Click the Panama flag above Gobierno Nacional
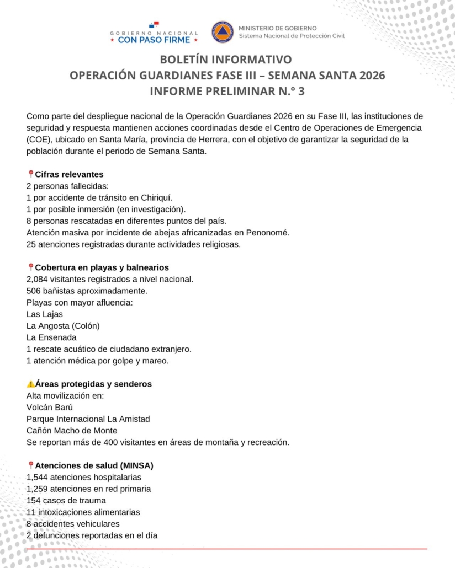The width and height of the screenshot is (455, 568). pos(154,25)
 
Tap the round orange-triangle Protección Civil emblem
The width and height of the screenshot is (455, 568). pos(222,32)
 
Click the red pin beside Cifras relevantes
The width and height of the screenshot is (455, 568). pos(30,174)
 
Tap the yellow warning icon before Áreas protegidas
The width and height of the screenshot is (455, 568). pos(30,384)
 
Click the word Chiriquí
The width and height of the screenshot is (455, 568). pos(163,197)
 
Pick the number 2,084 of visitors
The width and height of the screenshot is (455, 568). pos(37,279)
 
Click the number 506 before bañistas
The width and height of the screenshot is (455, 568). pos(33,291)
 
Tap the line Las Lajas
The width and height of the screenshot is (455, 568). pos(45,314)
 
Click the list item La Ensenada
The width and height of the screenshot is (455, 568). pos(51,337)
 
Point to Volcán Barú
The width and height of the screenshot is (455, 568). pos(50,407)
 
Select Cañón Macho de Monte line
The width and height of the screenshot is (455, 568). pos(72,430)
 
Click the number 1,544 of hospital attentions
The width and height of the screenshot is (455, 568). pos(37,477)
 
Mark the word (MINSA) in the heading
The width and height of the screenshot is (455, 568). pos(136,465)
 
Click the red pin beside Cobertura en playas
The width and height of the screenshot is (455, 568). pos(30,267)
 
